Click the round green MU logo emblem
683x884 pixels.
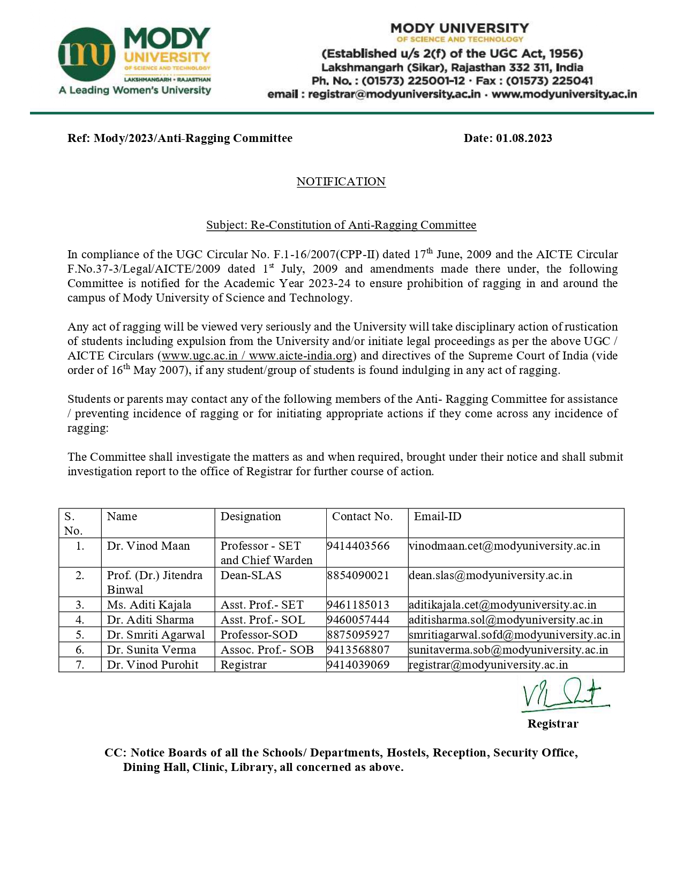87,54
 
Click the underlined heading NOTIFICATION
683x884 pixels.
341,182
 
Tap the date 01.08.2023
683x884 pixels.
523,138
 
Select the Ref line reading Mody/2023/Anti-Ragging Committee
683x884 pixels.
180,138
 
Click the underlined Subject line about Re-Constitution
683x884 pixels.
341,225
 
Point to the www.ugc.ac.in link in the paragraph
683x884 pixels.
199,356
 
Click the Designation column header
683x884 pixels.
251,516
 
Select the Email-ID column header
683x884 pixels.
437,516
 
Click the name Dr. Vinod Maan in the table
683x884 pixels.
148,546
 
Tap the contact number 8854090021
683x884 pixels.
358,575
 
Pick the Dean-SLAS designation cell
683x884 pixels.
251,575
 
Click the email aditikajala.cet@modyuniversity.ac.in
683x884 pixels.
502,605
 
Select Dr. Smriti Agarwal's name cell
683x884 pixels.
156,635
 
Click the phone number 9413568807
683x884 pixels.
358,650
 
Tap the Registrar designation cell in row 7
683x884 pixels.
243,665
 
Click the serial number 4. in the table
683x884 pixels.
80,620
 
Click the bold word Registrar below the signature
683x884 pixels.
553,724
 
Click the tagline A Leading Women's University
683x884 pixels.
135,90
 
